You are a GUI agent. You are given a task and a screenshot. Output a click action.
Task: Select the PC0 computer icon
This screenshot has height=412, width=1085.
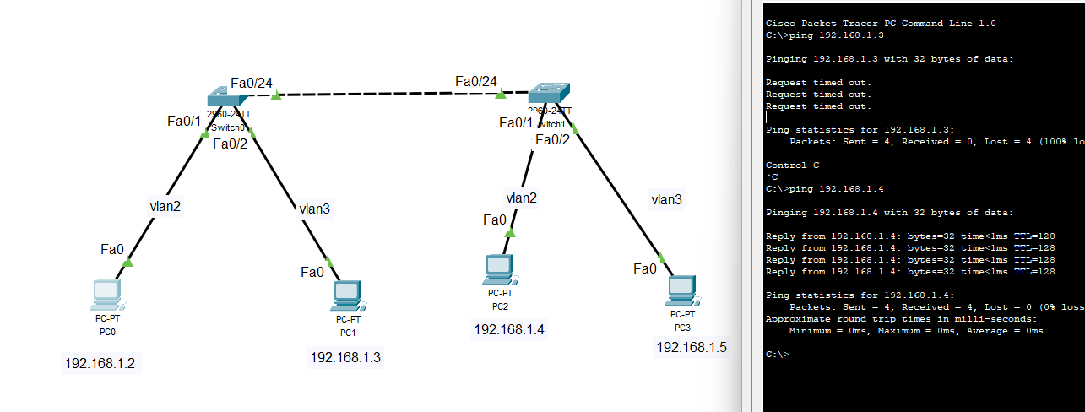click(107, 295)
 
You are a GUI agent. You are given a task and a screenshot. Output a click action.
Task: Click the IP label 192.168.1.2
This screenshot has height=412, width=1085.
click(100, 364)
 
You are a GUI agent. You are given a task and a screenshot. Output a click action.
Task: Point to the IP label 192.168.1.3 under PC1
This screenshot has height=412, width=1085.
click(345, 357)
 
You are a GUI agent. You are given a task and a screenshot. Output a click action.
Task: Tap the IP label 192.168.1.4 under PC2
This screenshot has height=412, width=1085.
click(508, 329)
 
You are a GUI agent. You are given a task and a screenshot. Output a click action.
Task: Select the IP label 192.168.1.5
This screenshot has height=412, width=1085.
click(691, 346)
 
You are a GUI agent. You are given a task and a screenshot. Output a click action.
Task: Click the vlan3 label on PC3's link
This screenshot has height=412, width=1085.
click(666, 199)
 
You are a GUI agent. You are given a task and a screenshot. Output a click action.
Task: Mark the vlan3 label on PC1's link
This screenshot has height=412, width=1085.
click(314, 208)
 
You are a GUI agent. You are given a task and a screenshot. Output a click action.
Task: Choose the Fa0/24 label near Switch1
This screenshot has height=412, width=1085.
click(475, 81)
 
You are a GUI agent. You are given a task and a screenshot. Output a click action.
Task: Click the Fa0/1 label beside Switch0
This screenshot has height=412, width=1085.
click(184, 122)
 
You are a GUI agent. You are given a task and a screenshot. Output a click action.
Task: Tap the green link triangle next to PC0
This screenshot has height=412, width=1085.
click(127, 263)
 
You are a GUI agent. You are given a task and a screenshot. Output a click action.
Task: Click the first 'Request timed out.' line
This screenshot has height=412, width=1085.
click(818, 83)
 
